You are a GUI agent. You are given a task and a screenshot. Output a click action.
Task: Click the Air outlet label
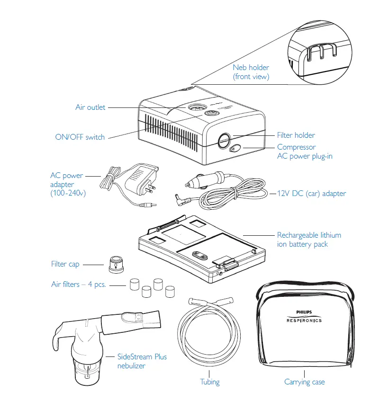90,107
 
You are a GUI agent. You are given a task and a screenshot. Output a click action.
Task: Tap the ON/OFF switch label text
80,137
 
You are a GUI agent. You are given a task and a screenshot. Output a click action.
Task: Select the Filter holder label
296,135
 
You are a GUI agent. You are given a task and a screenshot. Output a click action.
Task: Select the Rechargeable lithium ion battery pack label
309,240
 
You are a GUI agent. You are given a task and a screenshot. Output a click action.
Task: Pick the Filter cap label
65,264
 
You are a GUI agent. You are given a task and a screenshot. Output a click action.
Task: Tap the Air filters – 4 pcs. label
78,285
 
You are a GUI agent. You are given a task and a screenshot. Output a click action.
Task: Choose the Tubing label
209,382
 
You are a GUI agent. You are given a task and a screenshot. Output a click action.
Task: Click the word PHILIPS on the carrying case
305,312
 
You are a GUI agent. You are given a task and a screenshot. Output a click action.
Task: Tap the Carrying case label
305,382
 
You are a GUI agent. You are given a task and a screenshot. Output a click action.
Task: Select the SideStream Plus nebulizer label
142,361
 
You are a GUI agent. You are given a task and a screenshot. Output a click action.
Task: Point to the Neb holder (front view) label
251,72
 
